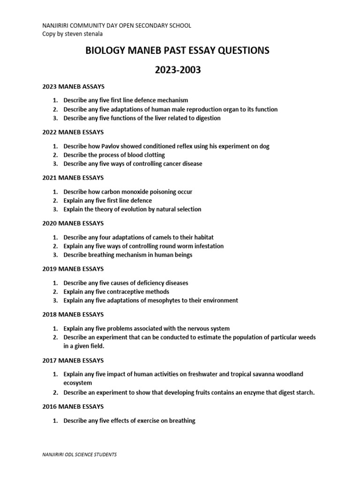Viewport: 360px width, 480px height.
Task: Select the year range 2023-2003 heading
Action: (177, 70)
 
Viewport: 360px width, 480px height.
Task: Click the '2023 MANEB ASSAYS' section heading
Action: (73, 87)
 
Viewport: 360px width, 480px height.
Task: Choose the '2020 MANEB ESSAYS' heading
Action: (73, 224)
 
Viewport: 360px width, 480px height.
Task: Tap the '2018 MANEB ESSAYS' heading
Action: (73, 315)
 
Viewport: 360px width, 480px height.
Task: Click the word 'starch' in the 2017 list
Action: (304, 392)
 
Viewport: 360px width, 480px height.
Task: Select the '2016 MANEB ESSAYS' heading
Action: (73, 406)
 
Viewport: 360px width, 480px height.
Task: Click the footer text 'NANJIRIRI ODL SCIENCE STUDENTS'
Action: (80, 455)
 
